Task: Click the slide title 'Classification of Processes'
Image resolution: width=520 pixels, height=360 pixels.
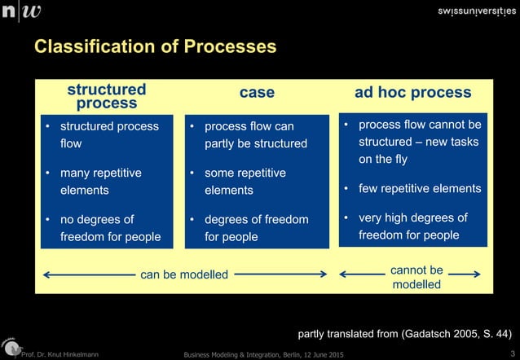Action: point(155,48)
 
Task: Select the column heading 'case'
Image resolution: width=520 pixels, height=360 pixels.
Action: point(257,93)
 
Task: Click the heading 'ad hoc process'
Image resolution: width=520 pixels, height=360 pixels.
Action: point(412,92)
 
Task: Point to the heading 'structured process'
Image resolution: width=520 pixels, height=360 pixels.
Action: point(107,96)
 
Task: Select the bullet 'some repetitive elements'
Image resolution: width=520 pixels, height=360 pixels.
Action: point(245,182)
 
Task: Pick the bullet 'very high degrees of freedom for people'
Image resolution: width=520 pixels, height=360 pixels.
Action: point(413,226)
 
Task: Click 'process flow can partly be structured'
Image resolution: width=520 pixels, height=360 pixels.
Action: point(255,135)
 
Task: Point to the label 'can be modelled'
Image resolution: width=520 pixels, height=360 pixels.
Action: point(184,274)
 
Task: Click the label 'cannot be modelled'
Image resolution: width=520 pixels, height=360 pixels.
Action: point(416,277)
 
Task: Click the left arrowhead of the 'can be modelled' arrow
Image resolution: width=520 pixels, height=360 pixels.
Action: point(46,274)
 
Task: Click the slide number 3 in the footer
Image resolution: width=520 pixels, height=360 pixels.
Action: point(511,353)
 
